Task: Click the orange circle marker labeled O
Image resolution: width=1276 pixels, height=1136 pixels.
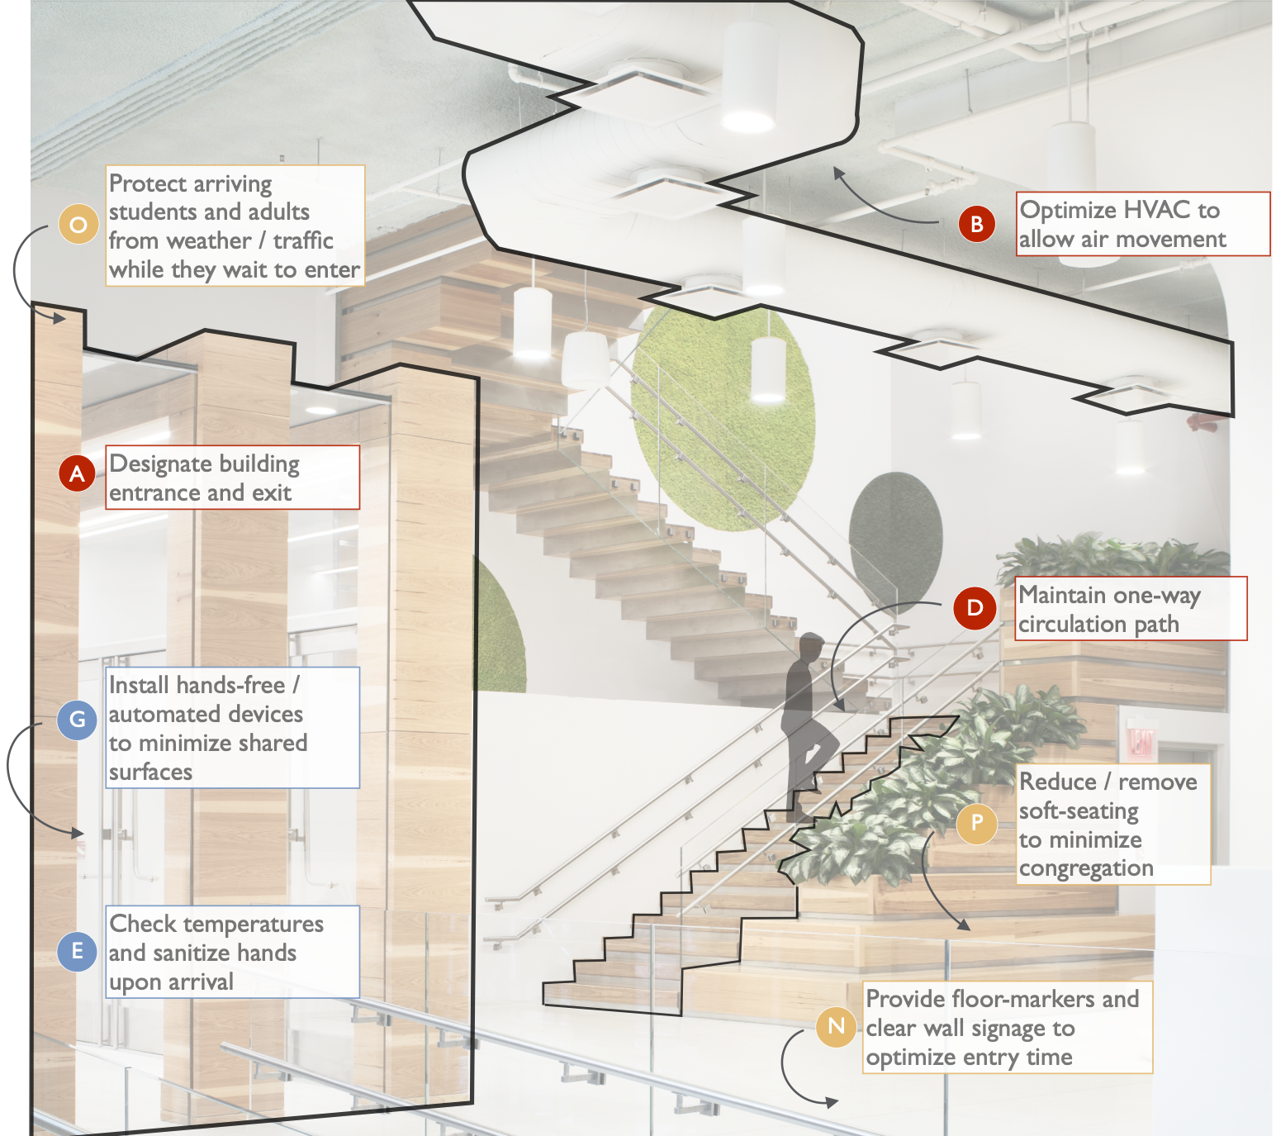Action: coord(78,224)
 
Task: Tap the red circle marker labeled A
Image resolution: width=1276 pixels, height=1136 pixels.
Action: coord(78,473)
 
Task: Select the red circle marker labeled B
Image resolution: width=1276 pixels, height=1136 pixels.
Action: coord(976,223)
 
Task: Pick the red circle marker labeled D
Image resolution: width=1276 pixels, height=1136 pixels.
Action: coord(975,608)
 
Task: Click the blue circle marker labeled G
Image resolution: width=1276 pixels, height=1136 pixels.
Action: coord(78,719)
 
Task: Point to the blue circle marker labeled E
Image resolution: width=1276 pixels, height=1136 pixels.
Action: coord(78,951)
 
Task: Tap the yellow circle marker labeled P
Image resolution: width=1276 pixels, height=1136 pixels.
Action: coord(977,823)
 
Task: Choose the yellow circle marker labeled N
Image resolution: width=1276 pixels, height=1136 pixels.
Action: coord(836,1026)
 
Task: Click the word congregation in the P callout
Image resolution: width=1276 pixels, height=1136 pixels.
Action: coord(1086,868)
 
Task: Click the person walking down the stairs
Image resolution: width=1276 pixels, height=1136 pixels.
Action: coord(805,719)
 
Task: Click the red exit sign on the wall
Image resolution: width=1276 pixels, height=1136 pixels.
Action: coord(1141,741)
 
